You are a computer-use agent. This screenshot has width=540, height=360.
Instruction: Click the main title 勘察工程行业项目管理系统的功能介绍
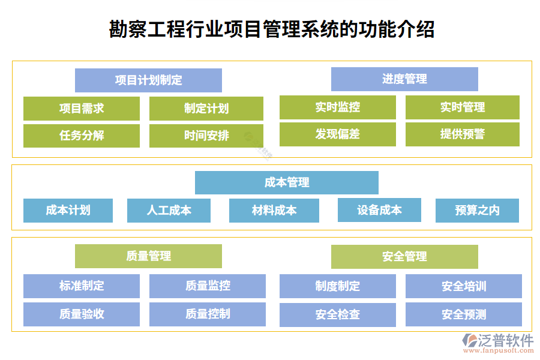[272, 29]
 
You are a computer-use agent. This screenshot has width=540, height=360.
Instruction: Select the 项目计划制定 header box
[148, 80]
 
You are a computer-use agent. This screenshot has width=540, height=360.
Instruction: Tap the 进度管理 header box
[404, 79]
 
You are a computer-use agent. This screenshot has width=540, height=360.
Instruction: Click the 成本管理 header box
[287, 182]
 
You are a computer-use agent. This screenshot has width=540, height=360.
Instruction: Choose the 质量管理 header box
[148, 256]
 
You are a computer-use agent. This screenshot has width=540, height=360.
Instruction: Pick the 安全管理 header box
[404, 257]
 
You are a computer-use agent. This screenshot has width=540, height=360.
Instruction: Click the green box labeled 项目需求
[82, 109]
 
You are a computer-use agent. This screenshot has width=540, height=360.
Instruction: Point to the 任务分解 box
[82, 136]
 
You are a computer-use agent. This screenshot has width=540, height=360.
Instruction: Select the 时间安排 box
[206, 136]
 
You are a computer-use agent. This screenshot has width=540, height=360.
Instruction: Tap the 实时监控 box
[338, 108]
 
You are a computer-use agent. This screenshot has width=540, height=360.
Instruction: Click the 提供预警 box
[463, 134]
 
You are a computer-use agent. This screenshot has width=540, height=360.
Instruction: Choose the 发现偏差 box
[338, 134]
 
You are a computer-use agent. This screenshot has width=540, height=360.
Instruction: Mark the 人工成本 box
[169, 211]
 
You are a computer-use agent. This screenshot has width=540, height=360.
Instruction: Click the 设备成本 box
[379, 210]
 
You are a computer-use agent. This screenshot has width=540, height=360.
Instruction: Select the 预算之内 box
[477, 211]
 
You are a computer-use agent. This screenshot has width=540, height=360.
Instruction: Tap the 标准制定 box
[82, 286]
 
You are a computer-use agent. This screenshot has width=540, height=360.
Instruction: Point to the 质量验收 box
[82, 314]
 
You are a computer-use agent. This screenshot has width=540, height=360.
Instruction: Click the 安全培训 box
[464, 286]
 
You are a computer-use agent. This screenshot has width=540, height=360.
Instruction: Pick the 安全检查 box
[338, 314]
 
